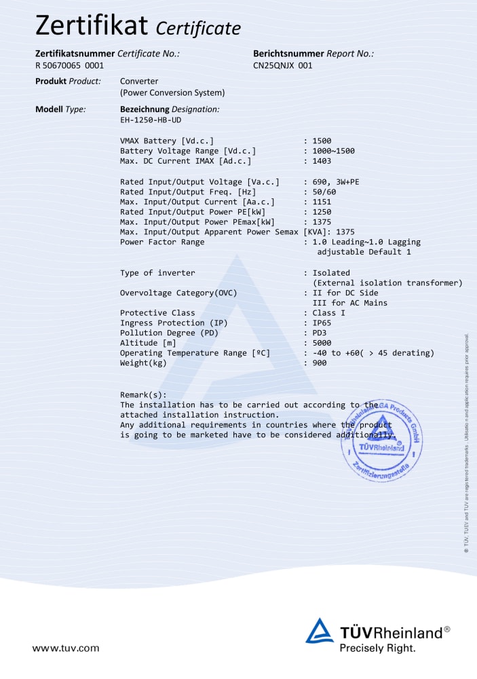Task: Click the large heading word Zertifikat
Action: click(x=92, y=25)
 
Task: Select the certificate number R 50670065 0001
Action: click(x=69, y=66)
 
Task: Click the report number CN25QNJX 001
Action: click(x=282, y=66)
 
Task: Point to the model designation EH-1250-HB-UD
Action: click(x=151, y=120)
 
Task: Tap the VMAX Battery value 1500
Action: click(x=322, y=141)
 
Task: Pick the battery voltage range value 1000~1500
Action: click(x=333, y=151)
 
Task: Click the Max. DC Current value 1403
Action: click(x=322, y=161)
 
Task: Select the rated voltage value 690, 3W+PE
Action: click(x=336, y=182)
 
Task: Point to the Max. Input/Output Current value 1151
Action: click(x=322, y=202)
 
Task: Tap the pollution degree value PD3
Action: click(x=320, y=333)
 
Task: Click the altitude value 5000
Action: click(x=322, y=343)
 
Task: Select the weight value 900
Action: click(x=320, y=363)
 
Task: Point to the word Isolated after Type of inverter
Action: click(x=331, y=272)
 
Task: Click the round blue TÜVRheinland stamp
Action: click(x=381, y=441)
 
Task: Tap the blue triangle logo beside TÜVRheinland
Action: click(x=319, y=631)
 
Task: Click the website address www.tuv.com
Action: click(x=65, y=648)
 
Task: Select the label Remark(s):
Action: click(x=142, y=394)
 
